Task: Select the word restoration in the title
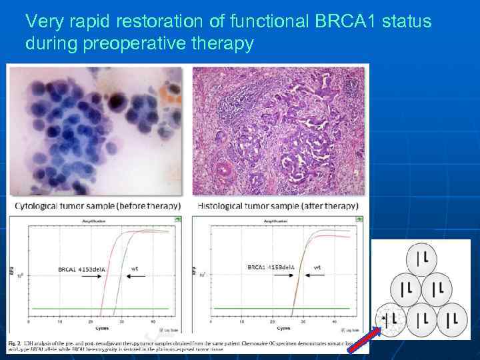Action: [160, 21]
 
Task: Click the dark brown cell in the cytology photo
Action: [117, 101]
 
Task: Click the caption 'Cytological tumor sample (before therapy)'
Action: [97, 206]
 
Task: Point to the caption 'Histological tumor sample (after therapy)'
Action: [278, 206]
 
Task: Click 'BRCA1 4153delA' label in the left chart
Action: [81, 269]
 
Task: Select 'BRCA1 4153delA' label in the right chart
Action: [271, 267]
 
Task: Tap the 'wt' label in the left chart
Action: [135, 269]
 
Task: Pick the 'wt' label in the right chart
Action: [317, 267]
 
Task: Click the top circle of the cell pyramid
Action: [421, 257]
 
